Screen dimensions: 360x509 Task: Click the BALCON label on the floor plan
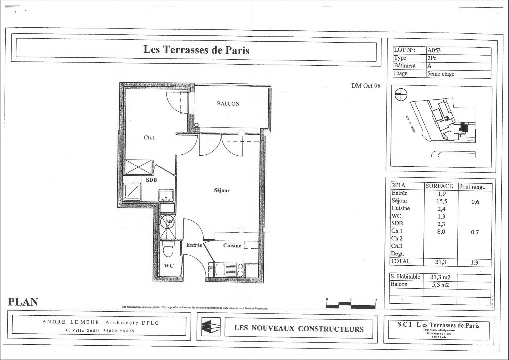point(228,104)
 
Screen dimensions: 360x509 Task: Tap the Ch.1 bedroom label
point(149,137)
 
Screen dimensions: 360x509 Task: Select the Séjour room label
point(222,190)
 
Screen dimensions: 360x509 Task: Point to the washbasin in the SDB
point(166,195)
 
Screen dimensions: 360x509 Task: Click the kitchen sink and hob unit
point(230,269)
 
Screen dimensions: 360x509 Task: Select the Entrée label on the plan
point(194,245)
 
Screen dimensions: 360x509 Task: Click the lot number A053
point(434,50)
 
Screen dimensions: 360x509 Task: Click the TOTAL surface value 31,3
point(440,262)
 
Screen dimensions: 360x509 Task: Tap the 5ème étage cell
point(440,74)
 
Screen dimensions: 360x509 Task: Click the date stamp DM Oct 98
point(365,86)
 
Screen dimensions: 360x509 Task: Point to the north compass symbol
point(401,95)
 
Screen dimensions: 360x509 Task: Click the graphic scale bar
point(351,305)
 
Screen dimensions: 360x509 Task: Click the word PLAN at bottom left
point(23,302)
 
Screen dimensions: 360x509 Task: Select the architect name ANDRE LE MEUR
point(71,322)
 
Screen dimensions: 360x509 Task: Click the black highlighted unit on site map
point(463,127)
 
